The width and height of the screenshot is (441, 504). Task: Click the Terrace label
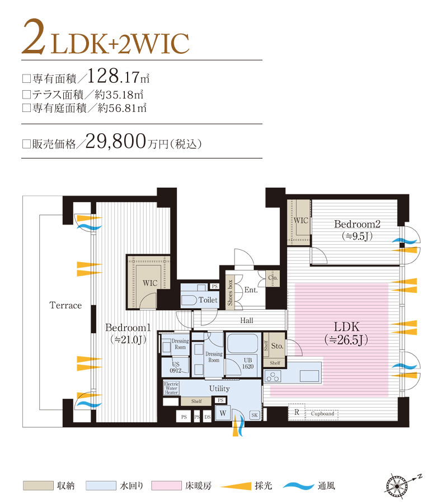(65, 305)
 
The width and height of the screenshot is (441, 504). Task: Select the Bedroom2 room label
(357, 224)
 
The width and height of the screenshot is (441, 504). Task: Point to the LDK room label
(342, 326)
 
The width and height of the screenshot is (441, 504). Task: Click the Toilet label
(208, 300)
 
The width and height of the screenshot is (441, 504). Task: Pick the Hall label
(246, 320)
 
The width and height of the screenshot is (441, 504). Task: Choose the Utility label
(219, 388)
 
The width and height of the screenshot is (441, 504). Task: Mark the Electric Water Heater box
(171, 388)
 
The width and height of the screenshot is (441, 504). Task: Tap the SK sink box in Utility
(254, 415)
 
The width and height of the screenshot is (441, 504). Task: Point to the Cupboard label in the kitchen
(322, 414)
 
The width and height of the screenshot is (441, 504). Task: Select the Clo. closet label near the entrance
(273, 277)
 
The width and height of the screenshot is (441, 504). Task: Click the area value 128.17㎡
(118, 76)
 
